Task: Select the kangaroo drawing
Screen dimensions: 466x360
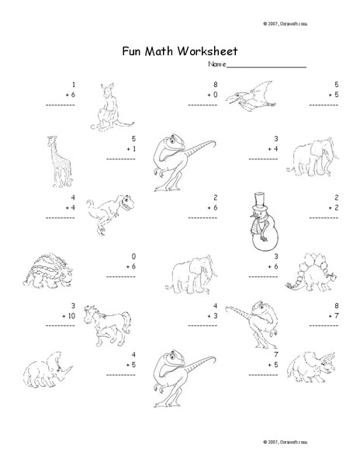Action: coord(107,106)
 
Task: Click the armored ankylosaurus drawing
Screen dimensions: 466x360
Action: coord(44,273)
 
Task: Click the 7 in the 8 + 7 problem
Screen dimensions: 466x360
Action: coord(335,316)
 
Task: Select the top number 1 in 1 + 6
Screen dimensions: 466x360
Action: coord(73,83)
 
